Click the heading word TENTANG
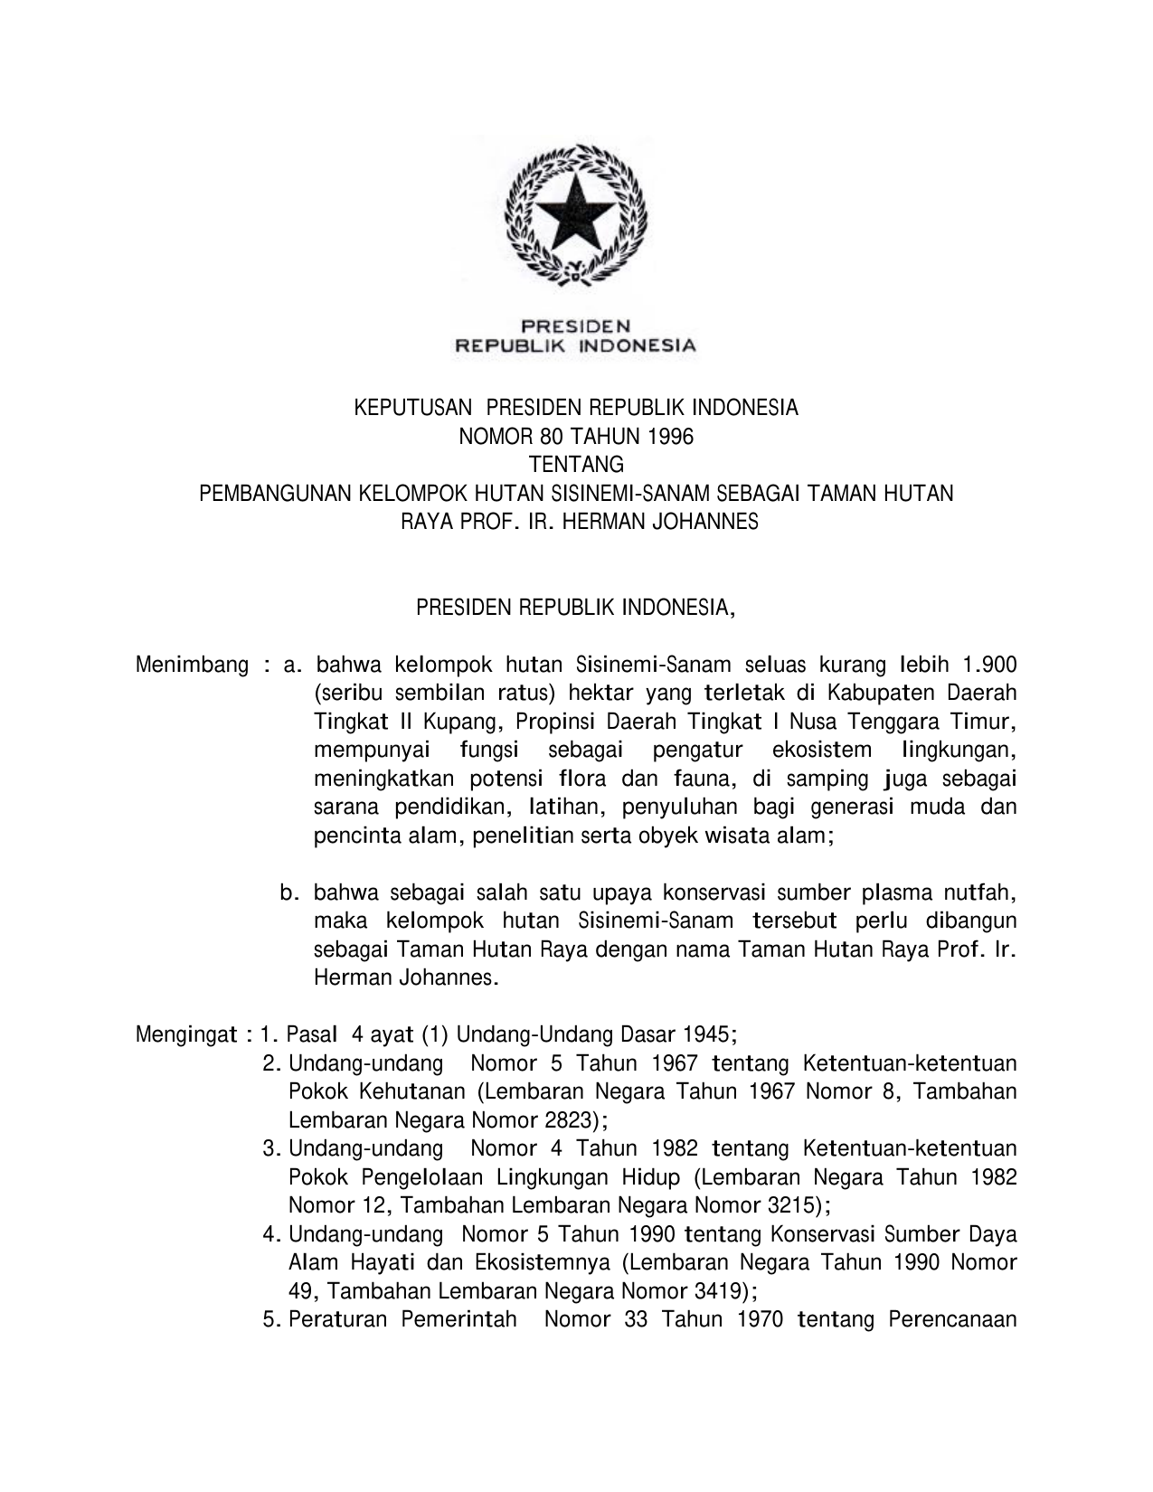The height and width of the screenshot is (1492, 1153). [576, 466]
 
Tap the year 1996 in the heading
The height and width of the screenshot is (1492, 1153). [670, 437]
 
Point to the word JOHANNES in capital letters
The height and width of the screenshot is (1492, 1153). [708, 523]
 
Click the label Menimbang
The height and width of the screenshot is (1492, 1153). [192, 666]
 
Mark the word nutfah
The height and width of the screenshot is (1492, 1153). [979, 893]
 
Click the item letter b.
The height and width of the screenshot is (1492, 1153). [288, 893]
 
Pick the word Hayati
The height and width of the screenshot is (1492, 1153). [378, 1263]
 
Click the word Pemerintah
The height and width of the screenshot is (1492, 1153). [458, 1320]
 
